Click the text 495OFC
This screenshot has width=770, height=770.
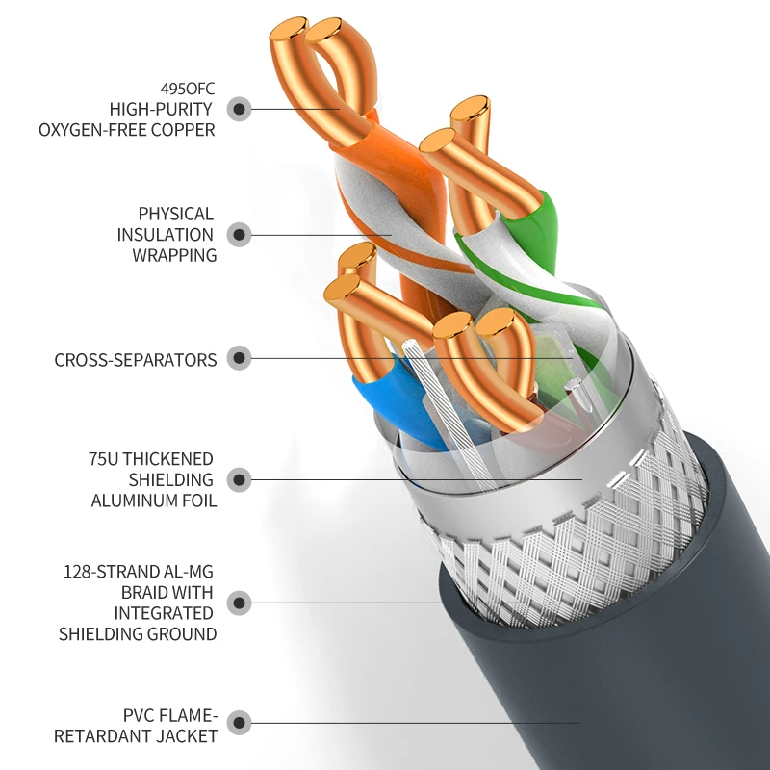coord(188,89)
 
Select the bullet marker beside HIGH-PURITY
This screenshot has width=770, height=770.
coord(239,109)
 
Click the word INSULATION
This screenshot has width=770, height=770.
coord(165,235)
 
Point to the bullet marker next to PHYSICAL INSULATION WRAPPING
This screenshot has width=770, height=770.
coord(239,235)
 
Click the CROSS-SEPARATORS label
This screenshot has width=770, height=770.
coord(136,360)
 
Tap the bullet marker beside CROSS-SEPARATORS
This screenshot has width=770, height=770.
coord(239,358)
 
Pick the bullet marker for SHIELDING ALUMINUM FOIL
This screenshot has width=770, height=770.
coord(239,479)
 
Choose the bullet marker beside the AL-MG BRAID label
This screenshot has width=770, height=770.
coord(239,603)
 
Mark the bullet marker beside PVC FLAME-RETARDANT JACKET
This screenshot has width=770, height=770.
coord(239,723)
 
